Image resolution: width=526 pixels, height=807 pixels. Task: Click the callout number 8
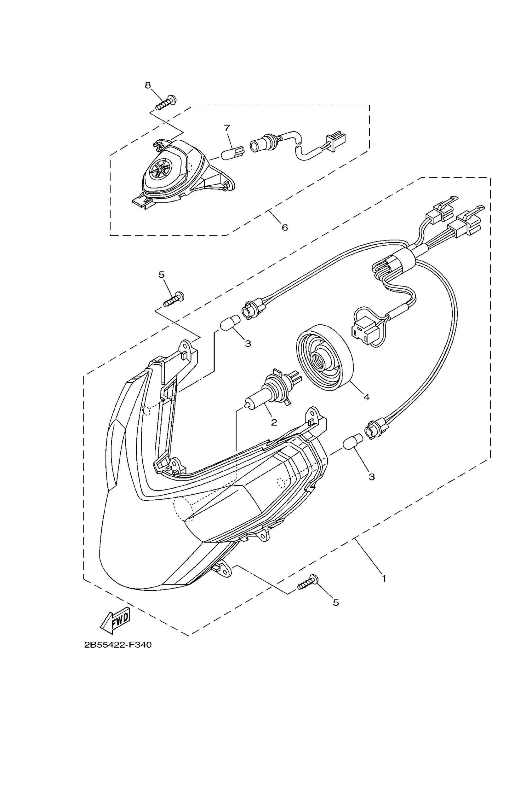148,85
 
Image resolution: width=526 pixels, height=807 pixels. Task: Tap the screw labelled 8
167,102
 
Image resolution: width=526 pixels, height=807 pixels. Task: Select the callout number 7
227,128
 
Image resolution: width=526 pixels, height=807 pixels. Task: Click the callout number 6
285,228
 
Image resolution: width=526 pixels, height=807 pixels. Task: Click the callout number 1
384,578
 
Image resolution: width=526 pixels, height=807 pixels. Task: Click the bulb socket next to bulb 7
263,145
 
